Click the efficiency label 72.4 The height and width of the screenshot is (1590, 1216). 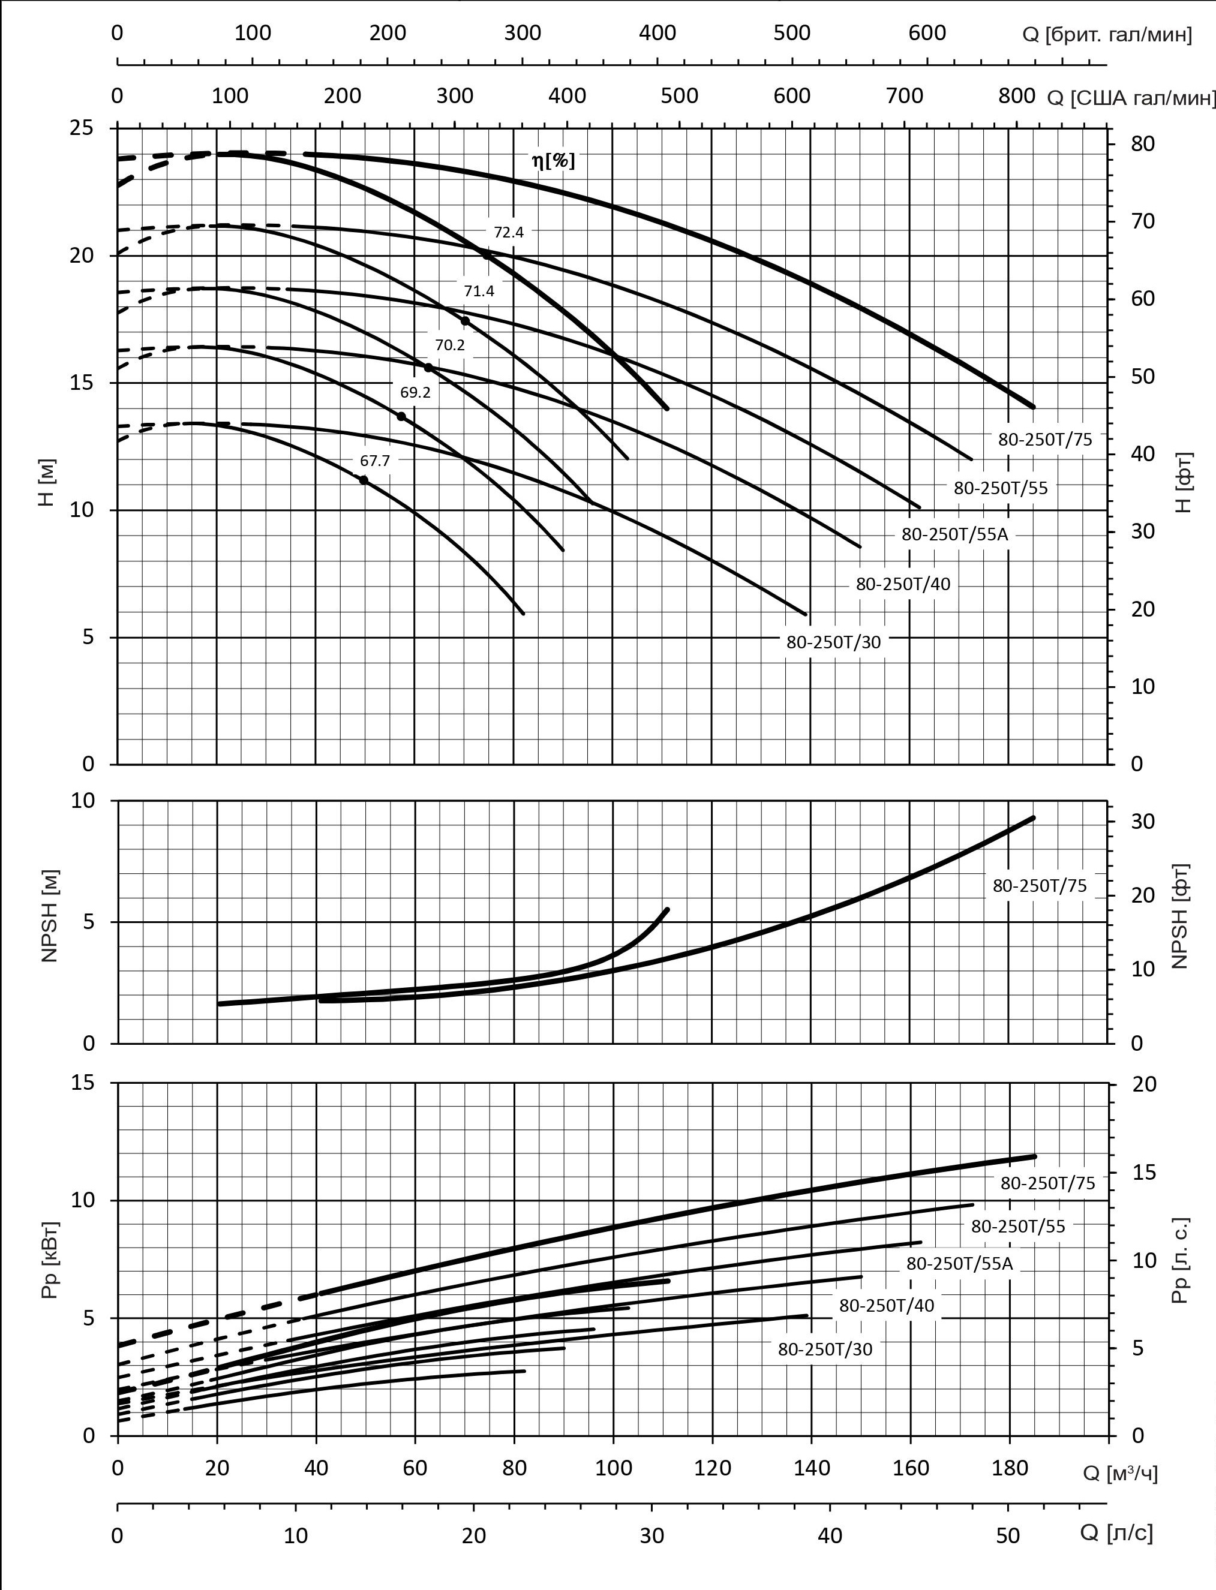tap(508, 232)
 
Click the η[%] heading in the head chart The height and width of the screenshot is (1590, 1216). tap(554, 161)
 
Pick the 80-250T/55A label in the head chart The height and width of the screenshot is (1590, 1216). tap(954, 535)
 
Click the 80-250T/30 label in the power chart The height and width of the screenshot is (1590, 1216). tap(825, 1349)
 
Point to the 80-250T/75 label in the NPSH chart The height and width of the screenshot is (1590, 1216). tap(1040, 886)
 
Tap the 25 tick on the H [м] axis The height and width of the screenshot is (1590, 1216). tap(82, 128)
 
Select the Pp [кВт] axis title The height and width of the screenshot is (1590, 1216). tap(49, 1260)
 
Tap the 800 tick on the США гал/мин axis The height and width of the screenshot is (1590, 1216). tap(1017, 95)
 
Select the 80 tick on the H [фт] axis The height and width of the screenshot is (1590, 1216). tap(1143, 144)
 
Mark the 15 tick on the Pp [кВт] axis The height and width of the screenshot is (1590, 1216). tap(82, 1083)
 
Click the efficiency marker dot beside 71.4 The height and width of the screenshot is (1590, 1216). tap(466, 321)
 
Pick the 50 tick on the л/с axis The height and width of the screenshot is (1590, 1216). tap(1008, 1531)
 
